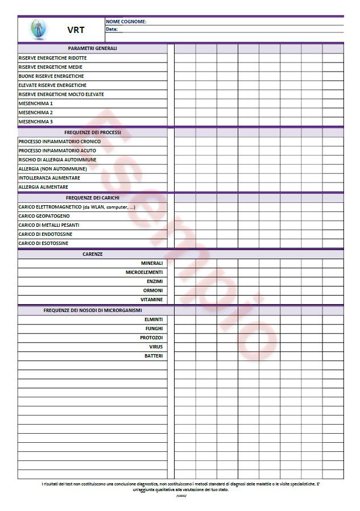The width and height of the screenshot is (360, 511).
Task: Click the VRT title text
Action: click(76, 30)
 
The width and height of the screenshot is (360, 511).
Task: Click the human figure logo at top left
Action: click(38, 29)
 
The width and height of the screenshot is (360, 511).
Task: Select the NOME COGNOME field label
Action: click(126, 22)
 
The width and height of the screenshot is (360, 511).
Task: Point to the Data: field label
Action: click(111, 29)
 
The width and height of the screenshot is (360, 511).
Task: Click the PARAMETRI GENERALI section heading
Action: click(92, 48)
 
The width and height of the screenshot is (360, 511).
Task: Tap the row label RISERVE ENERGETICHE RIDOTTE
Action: click(52, 58)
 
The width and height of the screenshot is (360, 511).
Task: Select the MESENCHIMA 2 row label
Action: click(35, 113)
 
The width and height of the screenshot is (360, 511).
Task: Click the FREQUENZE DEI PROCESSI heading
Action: click(92, 132)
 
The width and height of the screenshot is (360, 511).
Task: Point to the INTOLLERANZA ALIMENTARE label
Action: click(49, 178)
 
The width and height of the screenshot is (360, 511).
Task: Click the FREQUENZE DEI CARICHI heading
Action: click(92, 198)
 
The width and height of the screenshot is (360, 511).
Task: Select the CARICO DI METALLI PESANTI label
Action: click(48, 225)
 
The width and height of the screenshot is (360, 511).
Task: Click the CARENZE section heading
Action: click(92, 254)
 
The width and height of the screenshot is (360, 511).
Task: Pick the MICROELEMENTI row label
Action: click(144, 272)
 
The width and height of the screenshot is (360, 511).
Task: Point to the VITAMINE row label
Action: click(152, 300)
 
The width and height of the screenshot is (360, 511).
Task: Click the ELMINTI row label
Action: click(154, 319)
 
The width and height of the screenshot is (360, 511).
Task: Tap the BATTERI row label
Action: click(154, 356)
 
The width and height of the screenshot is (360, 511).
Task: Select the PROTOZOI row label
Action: click(151, 338)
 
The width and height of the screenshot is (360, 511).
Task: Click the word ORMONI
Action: click(153, 290)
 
